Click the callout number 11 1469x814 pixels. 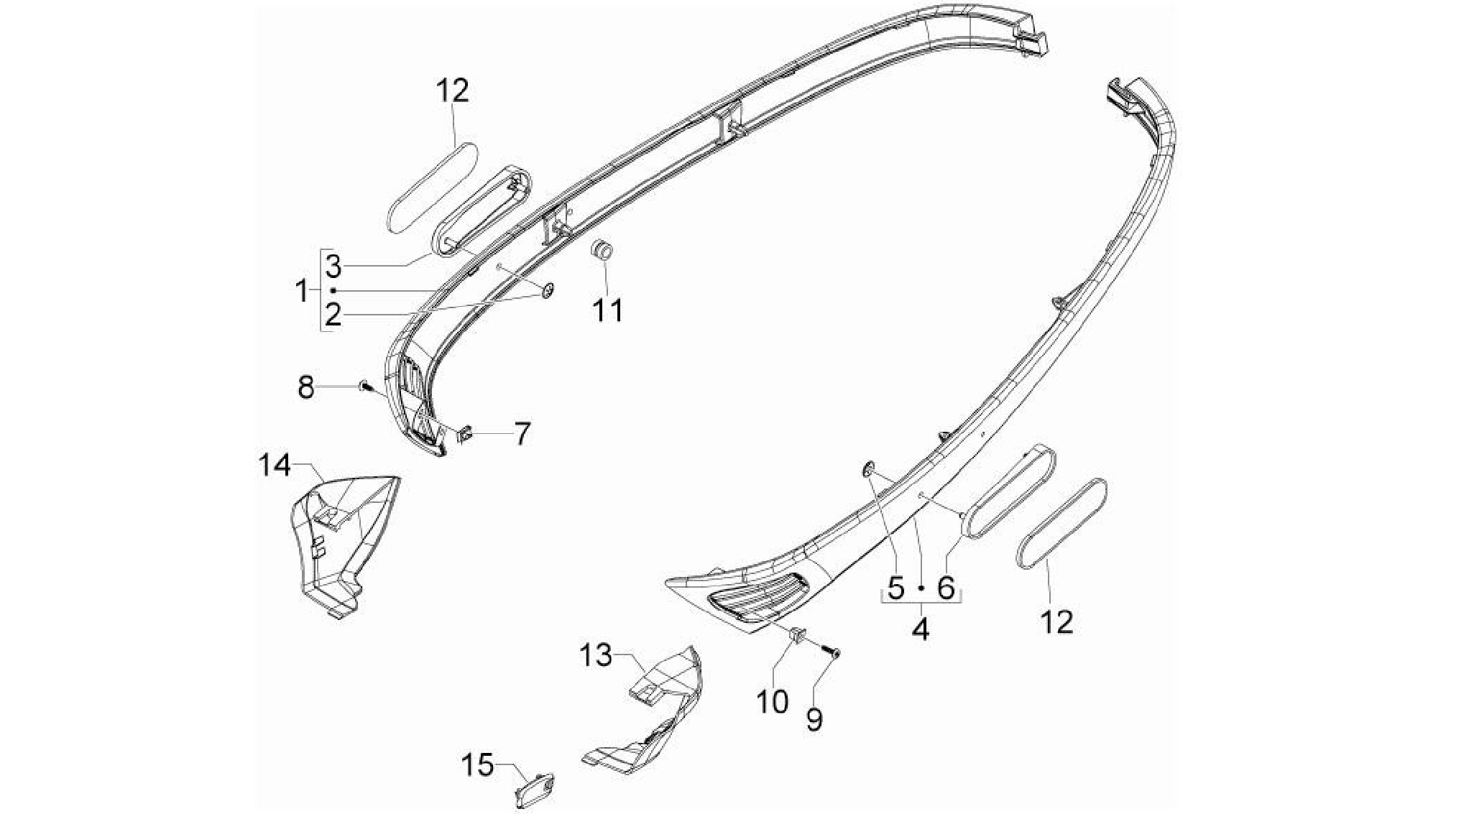608,311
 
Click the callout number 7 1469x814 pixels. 522,433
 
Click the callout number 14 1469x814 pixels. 275,466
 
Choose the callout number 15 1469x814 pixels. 478,766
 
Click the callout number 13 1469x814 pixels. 597,655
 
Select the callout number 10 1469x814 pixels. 773,702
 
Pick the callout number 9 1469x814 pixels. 814,719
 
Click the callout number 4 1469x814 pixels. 921,629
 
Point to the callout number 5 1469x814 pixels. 895,588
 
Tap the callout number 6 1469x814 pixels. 946,588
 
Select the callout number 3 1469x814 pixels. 332,267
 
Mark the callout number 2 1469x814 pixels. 332,315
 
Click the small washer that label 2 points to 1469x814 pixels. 547,290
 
